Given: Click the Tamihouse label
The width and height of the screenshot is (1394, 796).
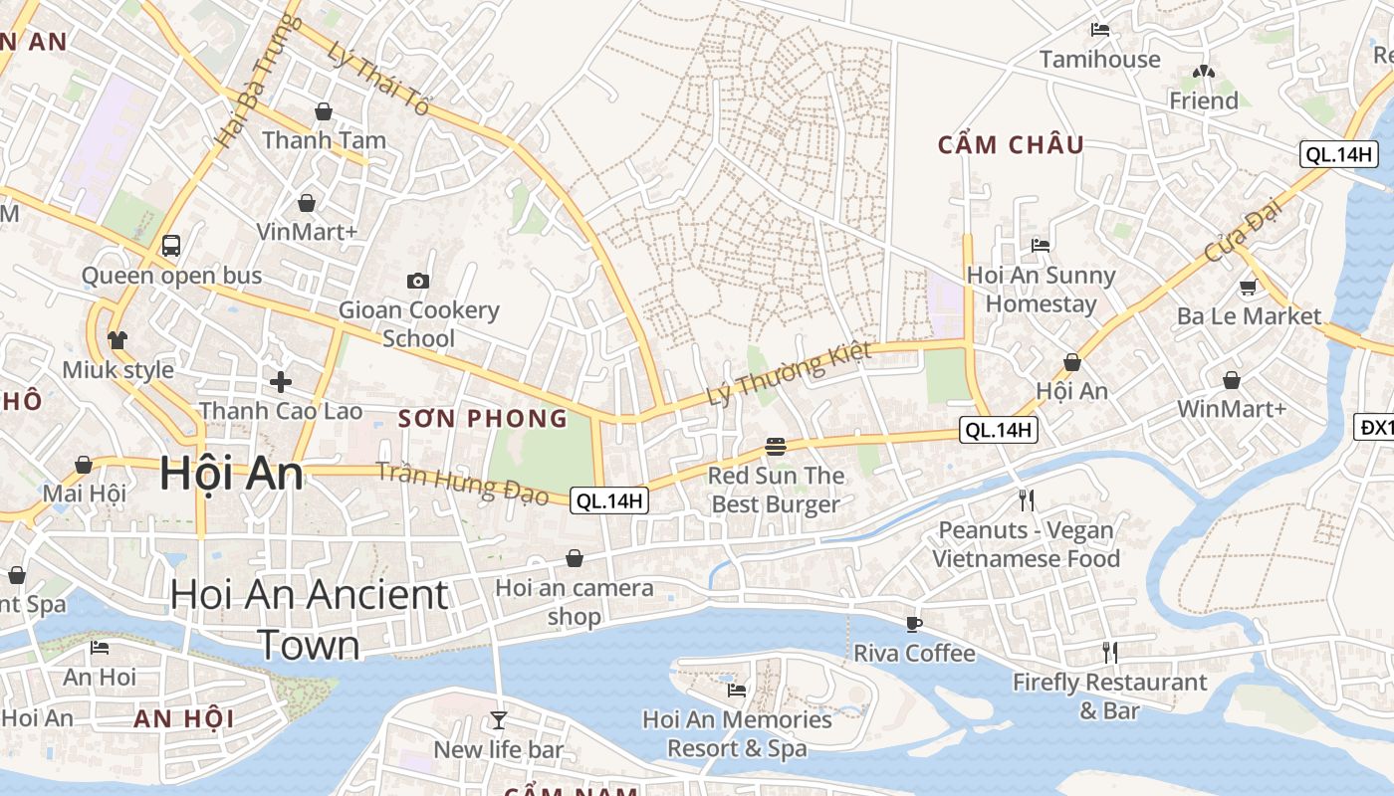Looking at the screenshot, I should click(1099, 60).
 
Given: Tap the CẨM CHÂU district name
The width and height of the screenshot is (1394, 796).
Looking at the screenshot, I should click(1011, 145).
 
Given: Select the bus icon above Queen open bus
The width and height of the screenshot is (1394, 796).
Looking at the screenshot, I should click(171, 245).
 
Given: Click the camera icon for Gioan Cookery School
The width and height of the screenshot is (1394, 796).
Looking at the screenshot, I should click(418, 281).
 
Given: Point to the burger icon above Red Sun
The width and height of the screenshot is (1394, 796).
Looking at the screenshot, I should click(776, 446).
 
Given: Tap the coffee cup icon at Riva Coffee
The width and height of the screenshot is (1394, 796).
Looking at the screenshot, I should click(913, 624).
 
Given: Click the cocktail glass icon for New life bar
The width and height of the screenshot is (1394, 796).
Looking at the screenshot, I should click(498, 719).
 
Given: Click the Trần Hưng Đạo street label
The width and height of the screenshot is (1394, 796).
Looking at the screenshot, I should click(462, 484).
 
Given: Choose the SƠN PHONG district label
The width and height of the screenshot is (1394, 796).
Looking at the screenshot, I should click(483, 419).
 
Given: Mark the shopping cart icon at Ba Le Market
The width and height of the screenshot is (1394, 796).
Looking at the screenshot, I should click(1248, 287).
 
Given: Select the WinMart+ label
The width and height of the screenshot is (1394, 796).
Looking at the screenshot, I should click(1232, 409).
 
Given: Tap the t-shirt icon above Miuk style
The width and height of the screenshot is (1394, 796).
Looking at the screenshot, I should click(117, 340).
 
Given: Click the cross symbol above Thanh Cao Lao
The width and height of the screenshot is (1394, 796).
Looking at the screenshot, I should click(281, 381).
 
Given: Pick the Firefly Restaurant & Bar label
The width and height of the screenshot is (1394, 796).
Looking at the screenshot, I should click(1109, 696).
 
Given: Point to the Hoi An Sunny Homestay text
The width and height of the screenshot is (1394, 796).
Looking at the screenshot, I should click(1041, 290).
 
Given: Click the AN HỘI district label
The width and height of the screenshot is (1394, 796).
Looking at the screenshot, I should click(184, 718).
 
